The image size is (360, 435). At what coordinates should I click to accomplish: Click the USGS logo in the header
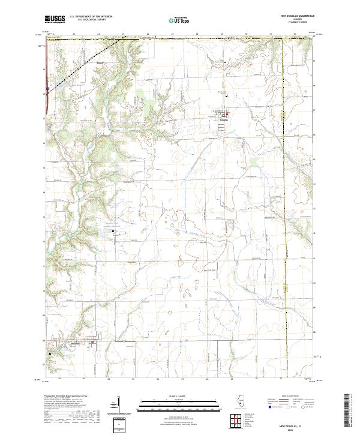point(55,19)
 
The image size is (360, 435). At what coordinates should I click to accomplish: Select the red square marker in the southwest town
point(92,343)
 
